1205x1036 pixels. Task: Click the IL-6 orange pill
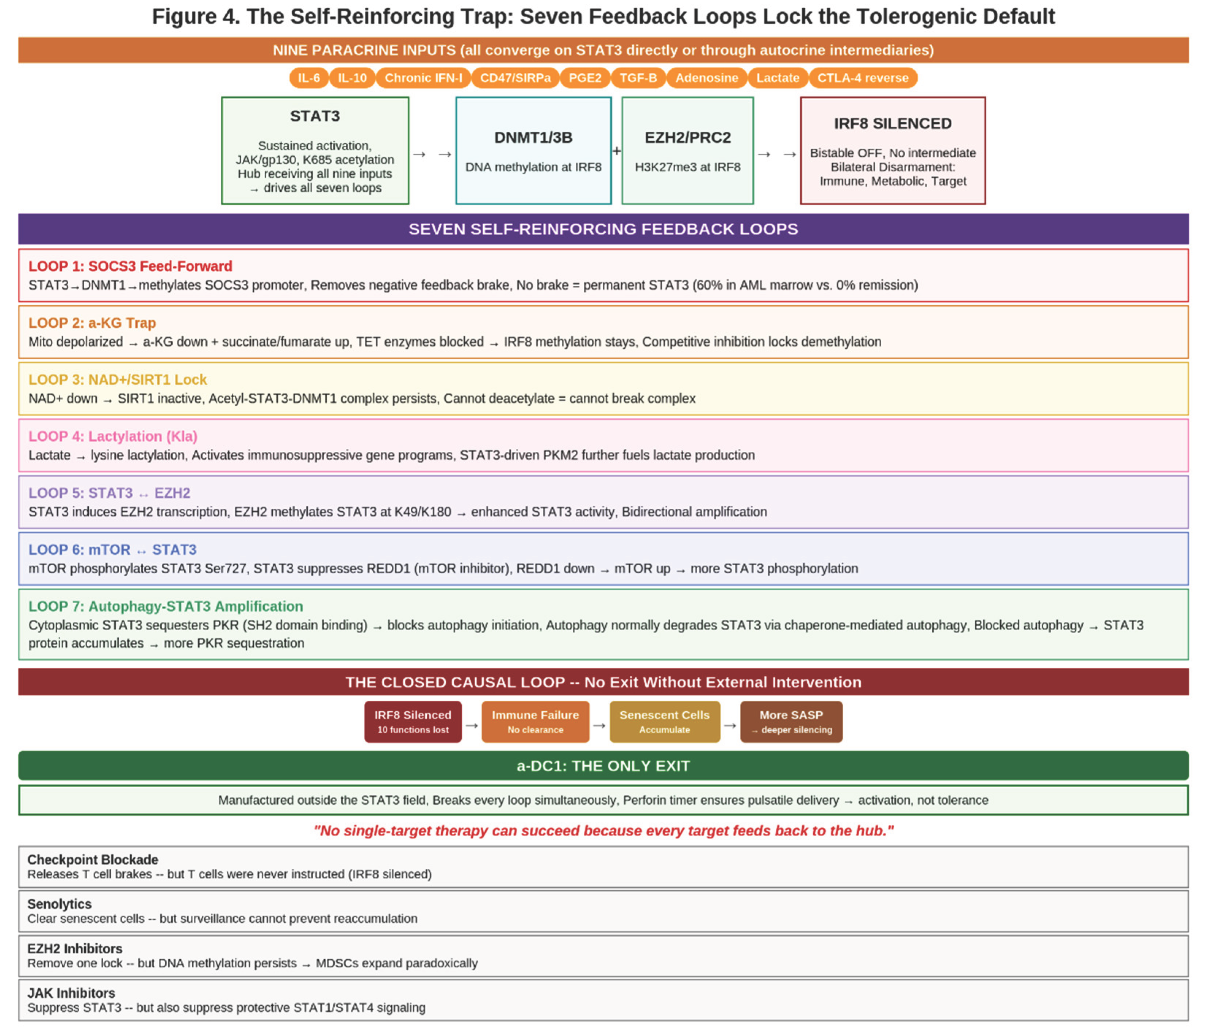coord(309,78)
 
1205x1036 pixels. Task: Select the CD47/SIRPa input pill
coord(515,78)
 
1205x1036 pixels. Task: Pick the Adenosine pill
coord(707,78)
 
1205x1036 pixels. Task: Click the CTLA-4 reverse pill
coord(863,78)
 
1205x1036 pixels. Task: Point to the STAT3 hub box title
coord(315,116)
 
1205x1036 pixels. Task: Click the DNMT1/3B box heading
coord(533,138)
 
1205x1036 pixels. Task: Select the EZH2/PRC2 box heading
coord(687,138)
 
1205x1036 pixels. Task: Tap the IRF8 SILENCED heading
coord(893,124)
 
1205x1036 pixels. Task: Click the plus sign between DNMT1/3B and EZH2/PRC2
coord(617,151)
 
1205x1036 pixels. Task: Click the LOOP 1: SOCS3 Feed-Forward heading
coord(130,267)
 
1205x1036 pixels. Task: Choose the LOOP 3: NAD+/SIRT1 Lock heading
coord(118,380)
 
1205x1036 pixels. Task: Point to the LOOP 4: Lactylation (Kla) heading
coord(113,436)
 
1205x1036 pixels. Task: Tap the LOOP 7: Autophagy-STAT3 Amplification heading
coord(166,607)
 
